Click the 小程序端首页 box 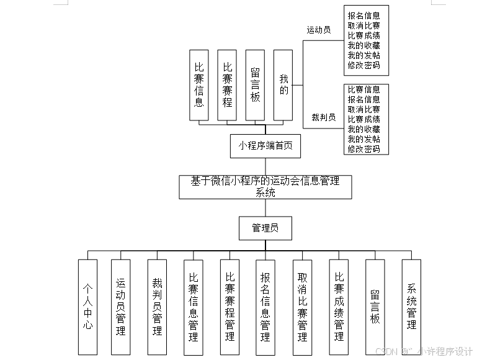(x=265, y=146)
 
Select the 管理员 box (x=265, y=228)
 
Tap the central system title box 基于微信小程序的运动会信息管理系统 (x=265, y=187)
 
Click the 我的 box (x=283, y=85)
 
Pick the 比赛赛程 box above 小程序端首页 (x=228, y=85)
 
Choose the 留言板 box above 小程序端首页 (x=255, y=85)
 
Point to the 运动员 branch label (x=319, y=29)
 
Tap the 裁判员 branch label (x=323, y=117)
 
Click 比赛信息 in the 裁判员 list (x=364, y=89)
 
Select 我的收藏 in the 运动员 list (x=364, y=45)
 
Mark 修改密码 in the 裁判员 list (x=364, y=149)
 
